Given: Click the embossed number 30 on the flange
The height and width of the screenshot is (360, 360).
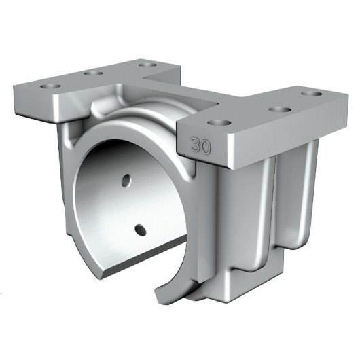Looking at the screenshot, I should pos(200,145).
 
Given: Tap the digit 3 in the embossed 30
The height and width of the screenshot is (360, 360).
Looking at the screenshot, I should pos(196,145).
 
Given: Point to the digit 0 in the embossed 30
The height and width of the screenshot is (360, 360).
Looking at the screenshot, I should pos(204,145).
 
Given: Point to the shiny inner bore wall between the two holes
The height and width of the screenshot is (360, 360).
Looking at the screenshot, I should pos(129,204).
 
